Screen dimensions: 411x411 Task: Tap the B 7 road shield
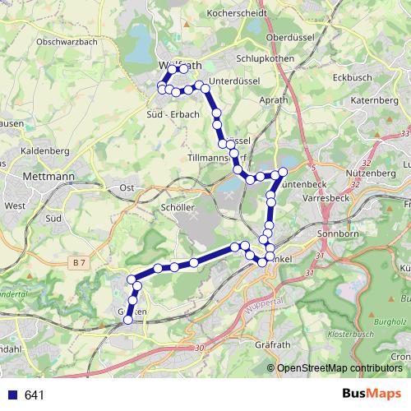click(x=79, y=262)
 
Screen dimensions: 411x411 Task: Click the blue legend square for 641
click(x=13, y=395)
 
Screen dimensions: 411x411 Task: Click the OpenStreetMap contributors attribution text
click(x=339, y=367)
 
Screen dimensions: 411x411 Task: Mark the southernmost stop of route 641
click(x=127, y=321)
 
